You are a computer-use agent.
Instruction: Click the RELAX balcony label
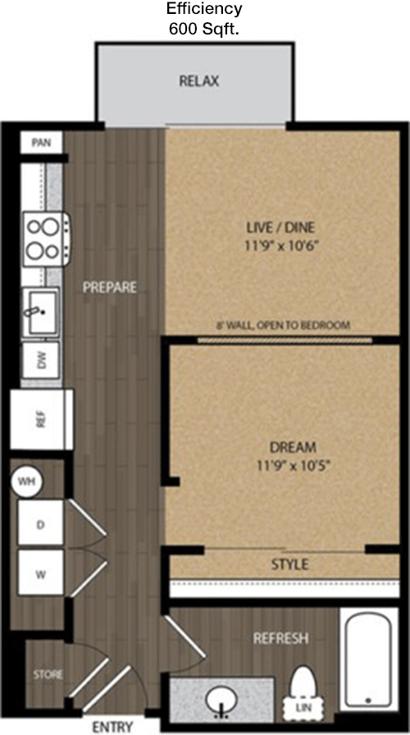point(199,81)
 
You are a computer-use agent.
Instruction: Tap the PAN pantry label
point(41,142)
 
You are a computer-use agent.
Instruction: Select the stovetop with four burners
point(47,239)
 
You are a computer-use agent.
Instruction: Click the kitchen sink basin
point(42,312)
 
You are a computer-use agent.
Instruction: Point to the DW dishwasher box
point(41,360)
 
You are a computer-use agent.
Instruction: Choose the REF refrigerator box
point(42,419)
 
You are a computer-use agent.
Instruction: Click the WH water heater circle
point(26,481)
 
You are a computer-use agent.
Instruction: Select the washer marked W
point(40,573)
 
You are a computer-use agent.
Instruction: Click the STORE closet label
point(48,674)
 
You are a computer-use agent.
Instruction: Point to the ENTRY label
point(112,727)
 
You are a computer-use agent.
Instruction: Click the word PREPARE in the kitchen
point(110,287)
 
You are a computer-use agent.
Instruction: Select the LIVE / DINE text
point(280,228)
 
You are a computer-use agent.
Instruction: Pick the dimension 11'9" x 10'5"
point(294,466)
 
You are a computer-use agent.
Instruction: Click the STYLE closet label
point(289,564)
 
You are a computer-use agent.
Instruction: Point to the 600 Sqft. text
point(204,30)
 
